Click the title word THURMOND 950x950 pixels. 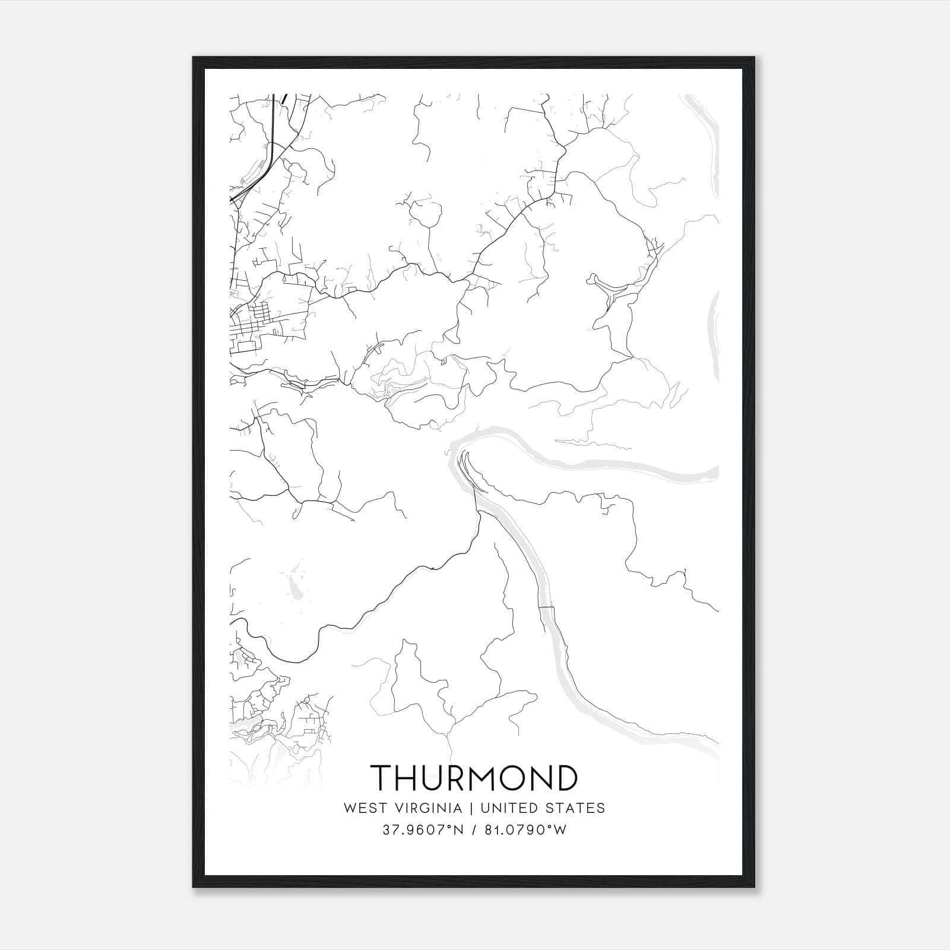coord(474,778)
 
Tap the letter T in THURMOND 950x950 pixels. coord(382,778)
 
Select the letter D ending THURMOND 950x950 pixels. coord(565,778)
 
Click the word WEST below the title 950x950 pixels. coord(360,808)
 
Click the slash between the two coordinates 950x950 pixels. coord(473,830)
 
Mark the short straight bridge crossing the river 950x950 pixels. coord(546,608)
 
